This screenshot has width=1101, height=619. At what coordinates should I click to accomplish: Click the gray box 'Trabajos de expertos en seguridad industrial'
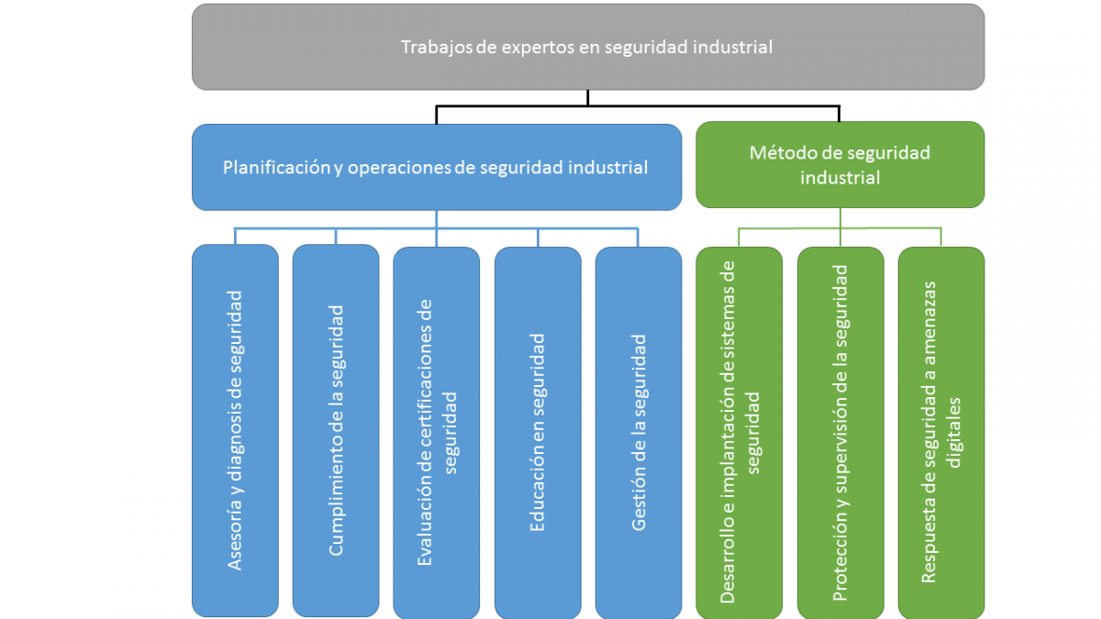coord(587,47)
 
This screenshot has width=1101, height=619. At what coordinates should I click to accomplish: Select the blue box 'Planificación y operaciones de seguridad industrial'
coord(436,168)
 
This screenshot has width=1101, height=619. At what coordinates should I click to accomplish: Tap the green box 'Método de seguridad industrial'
coord(840,165)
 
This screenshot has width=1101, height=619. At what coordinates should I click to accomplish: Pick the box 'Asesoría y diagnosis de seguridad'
coord(235,431)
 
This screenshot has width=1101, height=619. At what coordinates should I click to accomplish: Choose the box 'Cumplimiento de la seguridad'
coord(336,431)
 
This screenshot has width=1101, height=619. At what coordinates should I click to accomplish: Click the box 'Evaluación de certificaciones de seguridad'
coord(436,431)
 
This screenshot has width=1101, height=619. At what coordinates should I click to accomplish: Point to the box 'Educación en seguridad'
coord(538,431)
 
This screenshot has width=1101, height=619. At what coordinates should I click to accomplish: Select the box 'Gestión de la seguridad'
coord(639,431)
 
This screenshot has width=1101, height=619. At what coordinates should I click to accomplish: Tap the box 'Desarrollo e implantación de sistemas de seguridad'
coord(740,431)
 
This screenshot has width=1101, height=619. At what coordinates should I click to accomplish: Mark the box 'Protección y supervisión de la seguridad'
coord(840,431)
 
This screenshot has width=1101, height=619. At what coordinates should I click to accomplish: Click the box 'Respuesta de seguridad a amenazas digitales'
coord(941,431)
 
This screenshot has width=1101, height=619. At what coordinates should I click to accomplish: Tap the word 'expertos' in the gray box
coord(542,47)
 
